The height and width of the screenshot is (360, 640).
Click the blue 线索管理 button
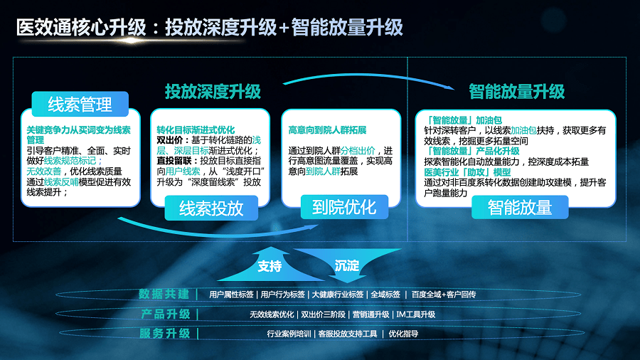[x=79, y=105]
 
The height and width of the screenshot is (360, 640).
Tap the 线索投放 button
[x=211, y=208]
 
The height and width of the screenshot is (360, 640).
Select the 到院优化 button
[x=343, y=207]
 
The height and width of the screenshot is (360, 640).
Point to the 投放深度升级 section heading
[x=213, y=92]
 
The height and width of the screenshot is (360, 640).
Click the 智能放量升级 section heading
[x=516, y=92]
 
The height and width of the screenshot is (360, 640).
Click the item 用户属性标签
[x=231, y=295]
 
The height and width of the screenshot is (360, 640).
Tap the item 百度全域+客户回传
[x=444, y=295]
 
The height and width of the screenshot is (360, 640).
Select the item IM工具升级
[x=415, y=314]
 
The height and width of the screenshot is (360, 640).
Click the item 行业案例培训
[x=288, y=333]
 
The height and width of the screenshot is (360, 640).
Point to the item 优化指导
[x=403, y=333]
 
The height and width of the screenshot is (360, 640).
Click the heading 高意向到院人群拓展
[x=327, y=131]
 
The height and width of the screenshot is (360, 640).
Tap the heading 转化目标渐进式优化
[x=196, y=131]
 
